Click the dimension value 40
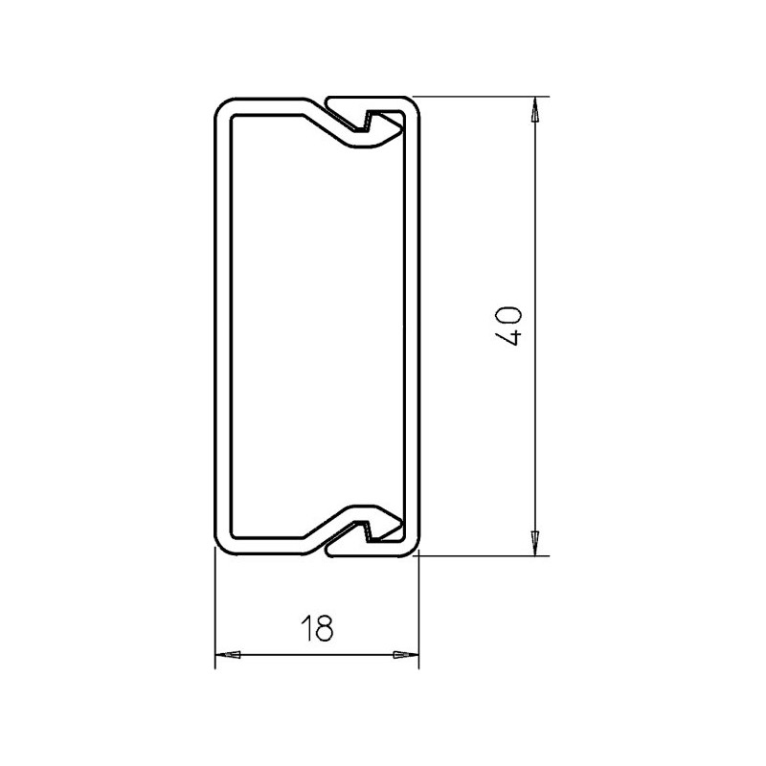[x=510, y=327]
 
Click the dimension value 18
[x=316, y=629]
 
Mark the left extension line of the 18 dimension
[x=214, y=613]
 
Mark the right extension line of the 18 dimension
[x=419, y=613]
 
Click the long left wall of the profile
[x=218, y=326]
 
